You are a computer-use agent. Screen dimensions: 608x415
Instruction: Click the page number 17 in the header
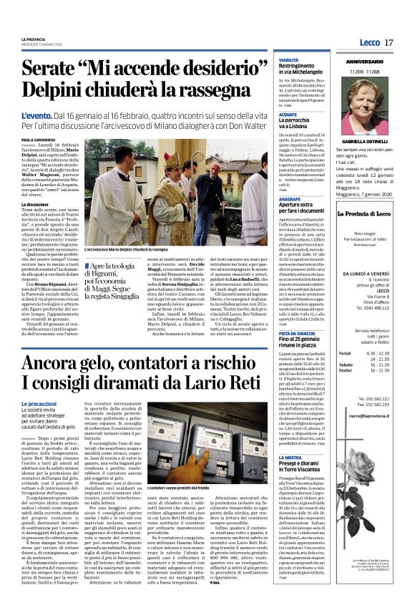point(389,43)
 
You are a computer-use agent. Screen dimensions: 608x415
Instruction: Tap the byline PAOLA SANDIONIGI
point(38,140)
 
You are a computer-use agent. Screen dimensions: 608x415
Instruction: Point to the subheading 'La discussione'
point(36,204)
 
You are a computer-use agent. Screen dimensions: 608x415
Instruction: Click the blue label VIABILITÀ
point(289,60)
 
